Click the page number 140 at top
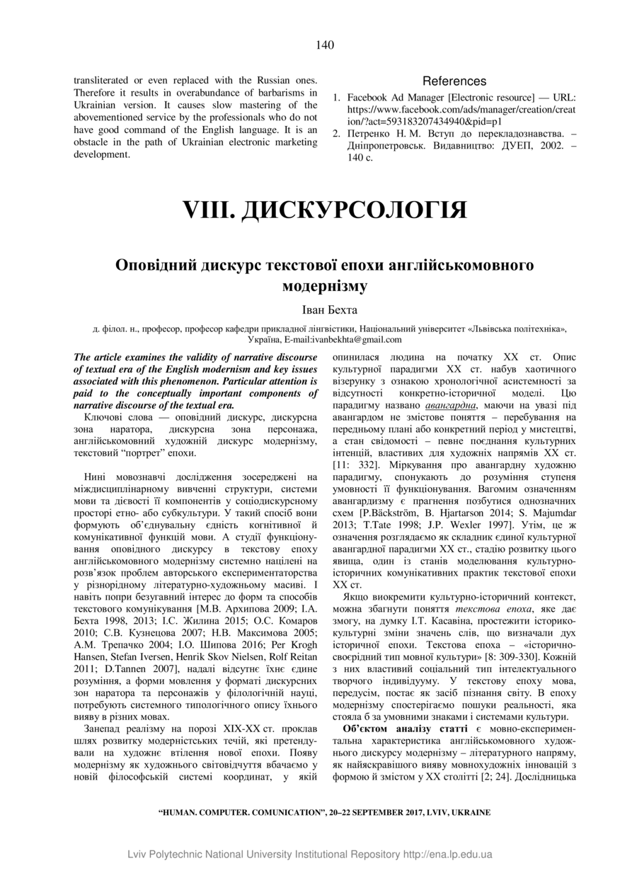(325, 46)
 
